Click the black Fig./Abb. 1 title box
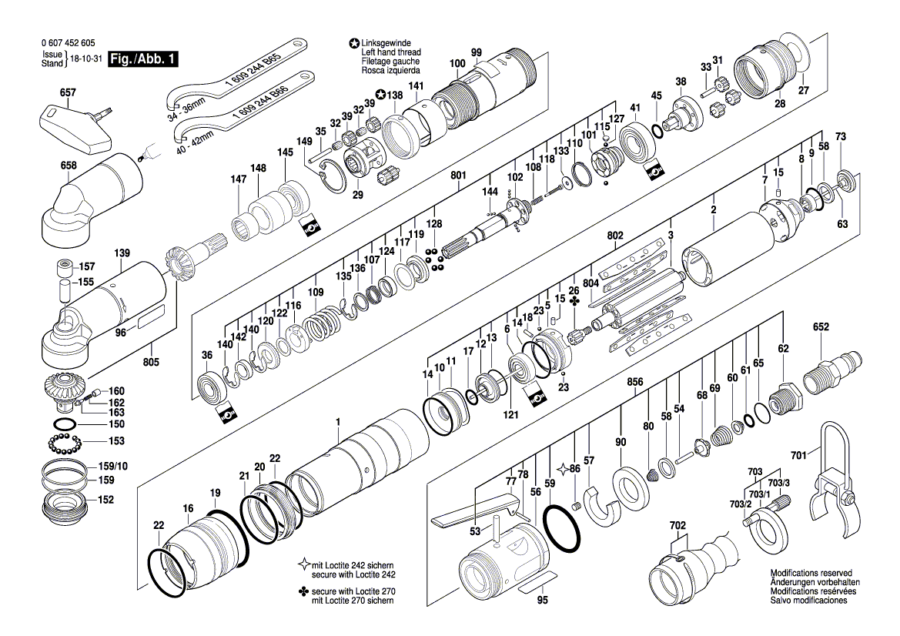coord(143,59)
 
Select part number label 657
coord(68,92)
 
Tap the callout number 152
coord(105,499)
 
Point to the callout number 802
coord(615,235)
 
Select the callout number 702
coord(678,525)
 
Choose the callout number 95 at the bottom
coord(542,601)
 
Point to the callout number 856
coord(634,381)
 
